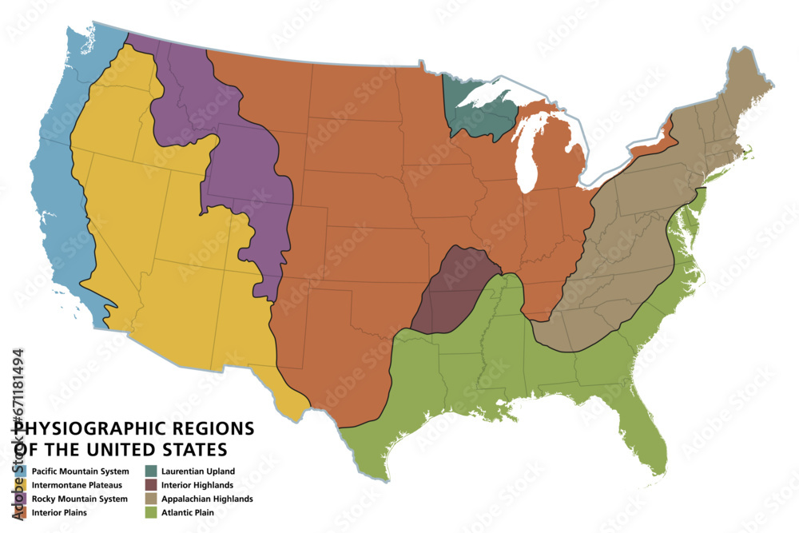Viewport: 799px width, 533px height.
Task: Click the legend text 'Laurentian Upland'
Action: tap(198, 471)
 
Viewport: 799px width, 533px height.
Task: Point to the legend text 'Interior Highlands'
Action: tap(197, 485)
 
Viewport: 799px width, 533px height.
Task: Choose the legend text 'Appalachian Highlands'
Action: tap(207, 499)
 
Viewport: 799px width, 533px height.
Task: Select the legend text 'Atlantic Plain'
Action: tap(188, 512)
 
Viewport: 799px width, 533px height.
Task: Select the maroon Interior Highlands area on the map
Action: tap(451, 288)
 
